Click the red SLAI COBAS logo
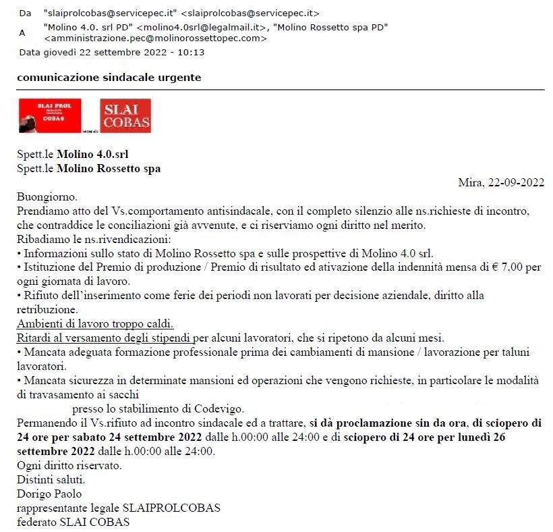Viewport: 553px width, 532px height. point(125,115)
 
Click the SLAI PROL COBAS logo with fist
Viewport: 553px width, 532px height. point(49,115)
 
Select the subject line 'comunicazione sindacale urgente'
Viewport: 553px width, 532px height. point(109,78)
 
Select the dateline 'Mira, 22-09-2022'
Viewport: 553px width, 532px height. point(500,182)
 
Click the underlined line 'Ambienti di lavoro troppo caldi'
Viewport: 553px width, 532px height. point(94,323)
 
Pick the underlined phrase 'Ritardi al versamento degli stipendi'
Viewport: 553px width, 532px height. point(104,338)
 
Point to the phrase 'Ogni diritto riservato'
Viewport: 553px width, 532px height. point(69,465)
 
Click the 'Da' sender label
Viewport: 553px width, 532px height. point(25,13)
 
